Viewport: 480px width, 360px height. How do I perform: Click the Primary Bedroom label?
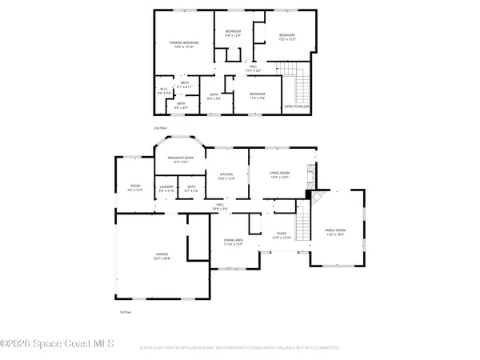coord(183,44)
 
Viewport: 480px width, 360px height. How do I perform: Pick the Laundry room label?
coord(166,188)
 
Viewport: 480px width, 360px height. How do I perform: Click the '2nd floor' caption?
coord(161,127)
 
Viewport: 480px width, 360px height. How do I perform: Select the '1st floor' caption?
coord(125,312)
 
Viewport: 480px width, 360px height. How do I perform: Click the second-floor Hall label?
coord(254,69)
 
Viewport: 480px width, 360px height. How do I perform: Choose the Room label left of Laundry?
coord(135,188)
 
